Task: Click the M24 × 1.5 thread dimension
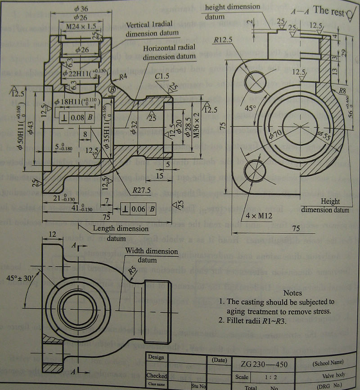click(x=77, y=27)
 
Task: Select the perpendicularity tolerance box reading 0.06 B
click(x=139, y=209)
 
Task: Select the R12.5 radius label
click(x=224, y=40)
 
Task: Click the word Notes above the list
click(x=292, y=293)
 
